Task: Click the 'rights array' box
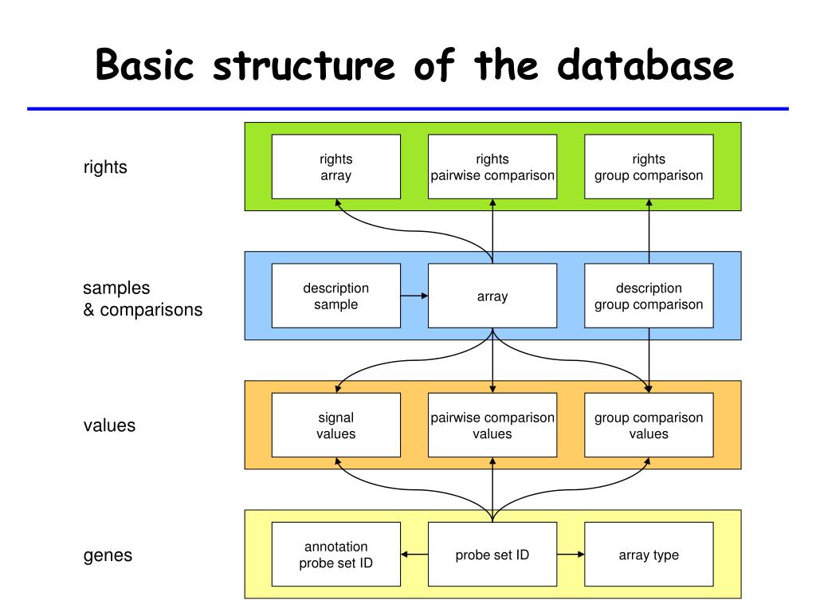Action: (x=336, y=167)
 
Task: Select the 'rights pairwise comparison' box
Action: (x=492, y=167)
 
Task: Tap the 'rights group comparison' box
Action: (x=649, y=167)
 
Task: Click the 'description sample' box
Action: (x=336, y=296)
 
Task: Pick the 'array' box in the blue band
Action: (x=492, y=296)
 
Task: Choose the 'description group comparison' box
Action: (x=649, y=296)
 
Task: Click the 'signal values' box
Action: (x=336, y=425)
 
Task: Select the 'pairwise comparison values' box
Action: (x=492, y=425)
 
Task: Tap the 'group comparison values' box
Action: (x=649, y=425)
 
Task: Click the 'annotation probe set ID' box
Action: (x=336, y=555)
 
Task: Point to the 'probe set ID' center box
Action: (x=492, y=555)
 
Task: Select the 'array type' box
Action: (x=649, y=555)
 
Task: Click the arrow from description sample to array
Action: (x=414, y=296)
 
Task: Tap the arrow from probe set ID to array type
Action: (x=571, y=555)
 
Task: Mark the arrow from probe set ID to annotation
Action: (x=414, y=555)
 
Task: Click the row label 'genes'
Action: (x=108, y=555)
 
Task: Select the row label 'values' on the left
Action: (x=110, y=426)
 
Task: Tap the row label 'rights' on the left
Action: (x=105, y=167)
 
